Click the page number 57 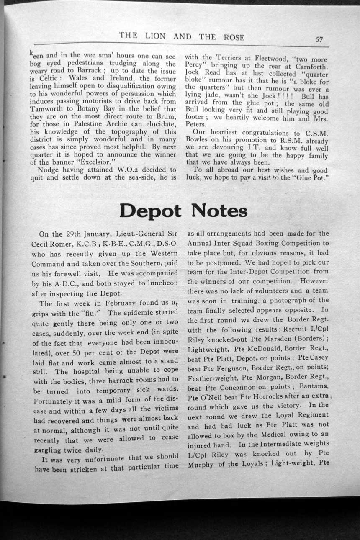tap(319, 39)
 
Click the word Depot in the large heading tap(150, 211)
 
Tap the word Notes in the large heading tap(219, 211)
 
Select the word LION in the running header tap(156, 37)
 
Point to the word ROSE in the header tap(234, 37)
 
